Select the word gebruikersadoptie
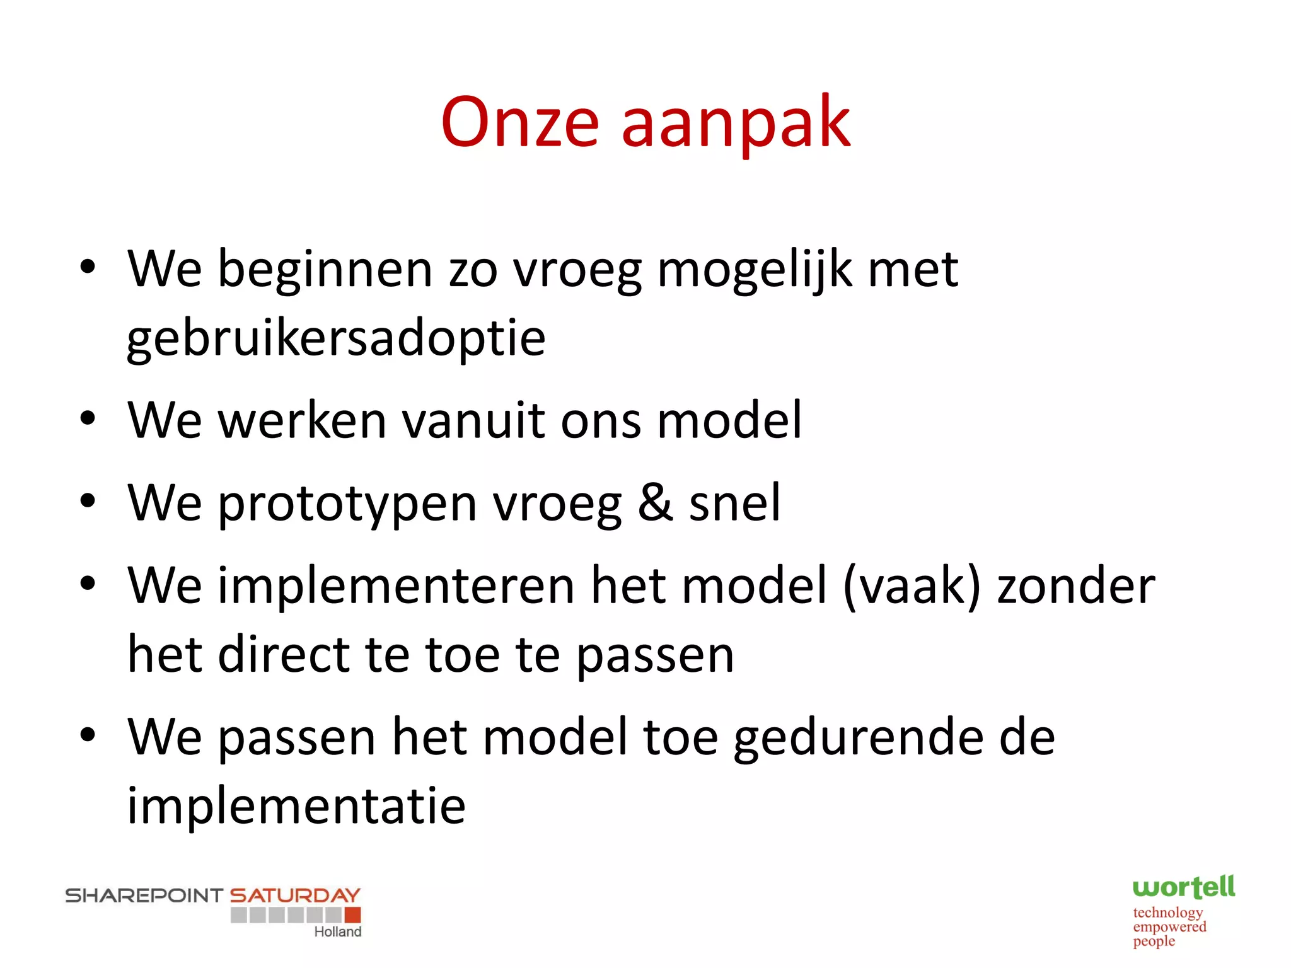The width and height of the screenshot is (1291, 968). pyautogui.click(x=336, y=339)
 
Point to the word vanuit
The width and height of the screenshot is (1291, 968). pyautogui.click(x=473, y=420)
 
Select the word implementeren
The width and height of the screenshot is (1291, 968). pyautogui.click(x=396, y=587)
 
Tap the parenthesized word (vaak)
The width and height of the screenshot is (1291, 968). pyautogui.click(x=912, y=587)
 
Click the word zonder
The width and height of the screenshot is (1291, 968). pyautogui.click(x=1076, y=585)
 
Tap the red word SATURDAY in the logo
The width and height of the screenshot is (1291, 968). pyautogui.click(x=294, y=896)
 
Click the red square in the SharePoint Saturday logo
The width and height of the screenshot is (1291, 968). pyautogui.click(x=353, y=915)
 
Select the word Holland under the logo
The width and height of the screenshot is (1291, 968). pyautogui.click(x=338, y=932)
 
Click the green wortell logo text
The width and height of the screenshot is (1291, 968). pyautogui.click(x=1183, y=887)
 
